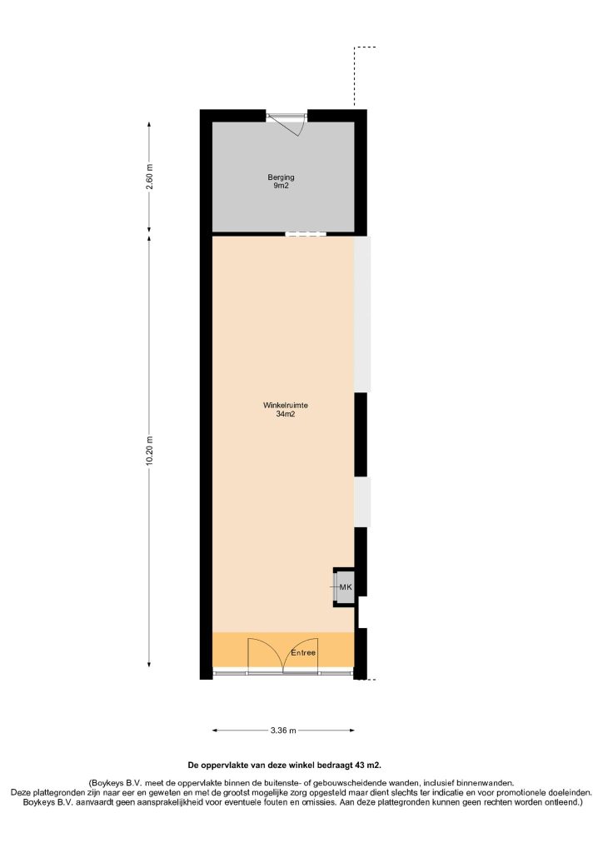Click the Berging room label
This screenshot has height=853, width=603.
[x=281, y=177]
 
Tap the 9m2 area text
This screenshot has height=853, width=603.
[x=281, y=186]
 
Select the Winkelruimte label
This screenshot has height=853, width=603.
[x=286, y=406]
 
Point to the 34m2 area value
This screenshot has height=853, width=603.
[x=286, y=414]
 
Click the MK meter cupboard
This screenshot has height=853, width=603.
[x=344, y=587]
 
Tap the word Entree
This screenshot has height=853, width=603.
[x=303, y=653]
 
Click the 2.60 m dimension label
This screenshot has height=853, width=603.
[x=150, y=177]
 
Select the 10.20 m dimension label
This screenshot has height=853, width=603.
[x=150, y=451]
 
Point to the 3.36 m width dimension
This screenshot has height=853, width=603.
[x=283, y=731]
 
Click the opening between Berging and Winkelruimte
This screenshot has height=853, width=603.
[x=306, y=234]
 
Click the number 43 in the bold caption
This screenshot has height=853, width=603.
[x=359, y=765]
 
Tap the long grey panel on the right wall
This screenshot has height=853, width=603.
[x=362, y=314]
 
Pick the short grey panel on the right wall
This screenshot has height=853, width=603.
[x=362, y=502]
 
